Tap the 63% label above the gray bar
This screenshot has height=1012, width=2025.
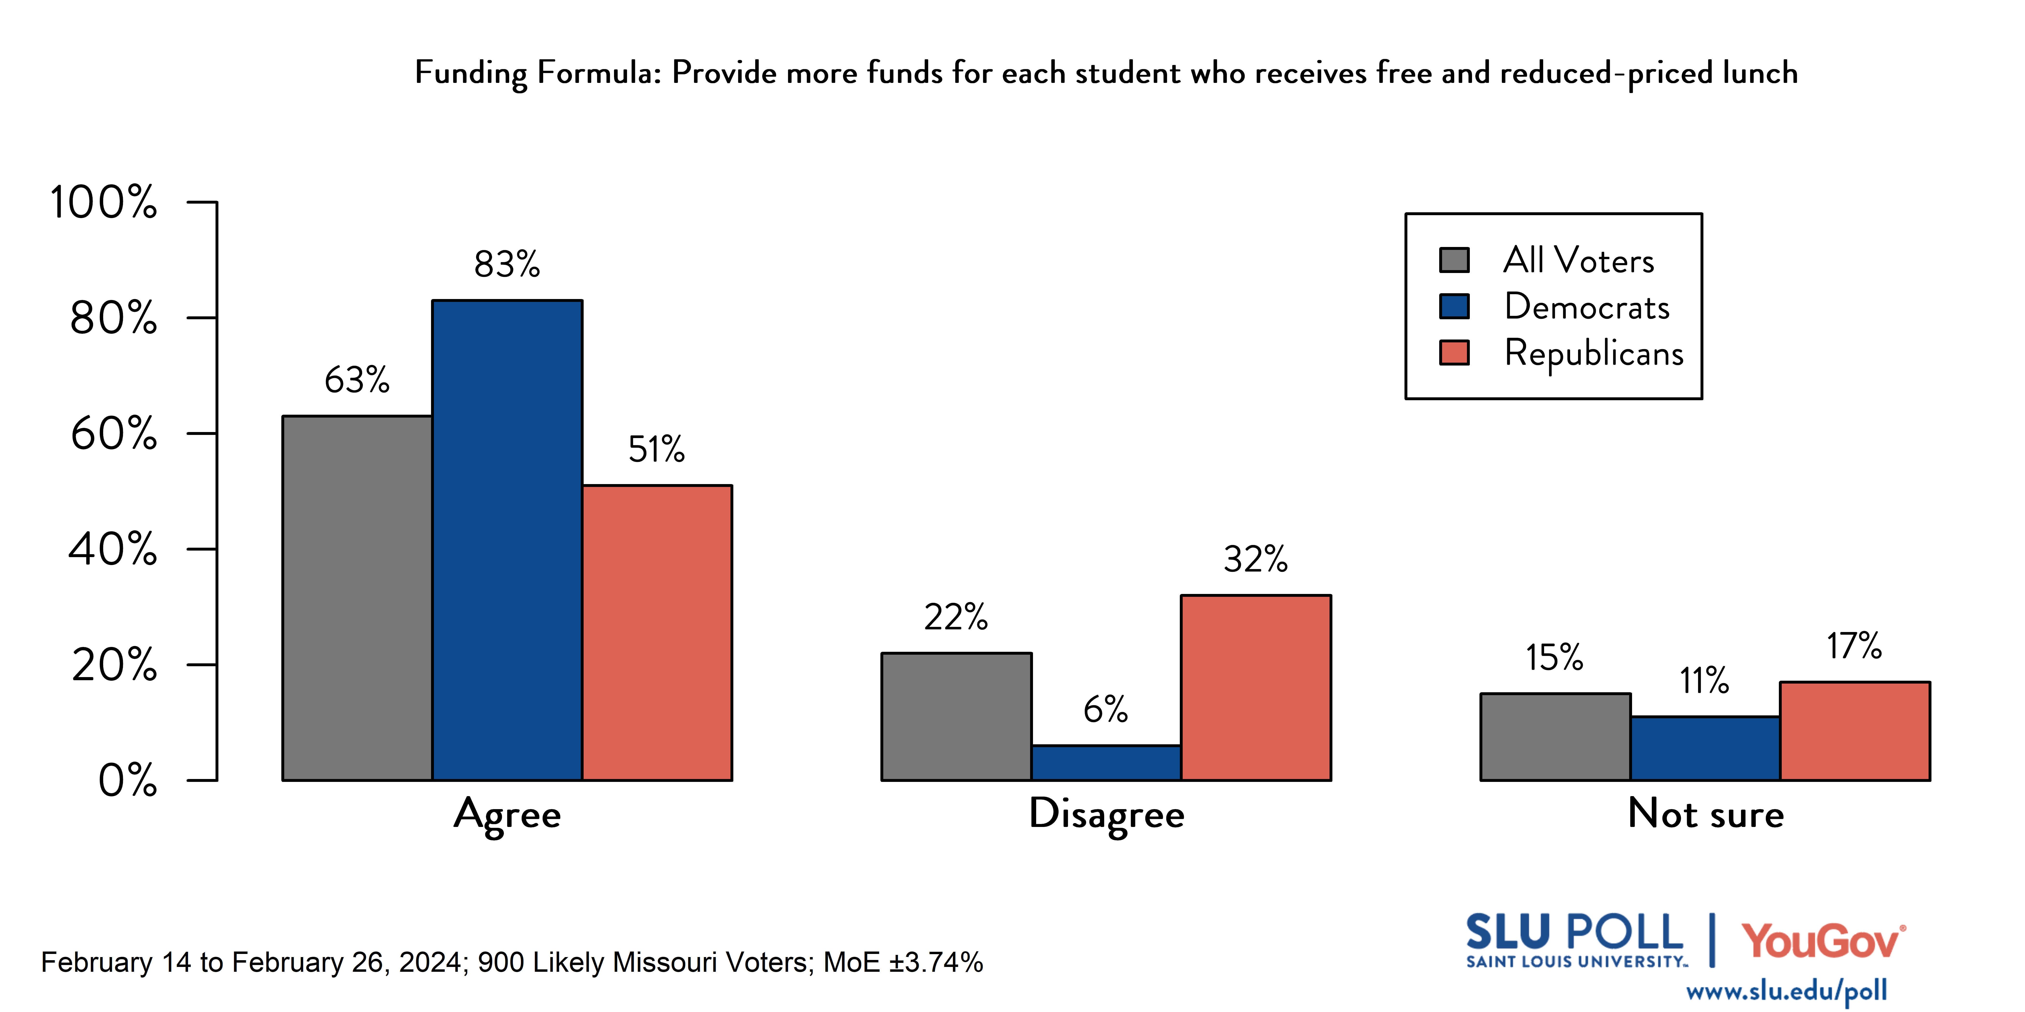click(357, 380)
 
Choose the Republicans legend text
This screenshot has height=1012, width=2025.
click(1593, 353)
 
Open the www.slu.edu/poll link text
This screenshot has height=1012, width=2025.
click(1786, 991)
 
